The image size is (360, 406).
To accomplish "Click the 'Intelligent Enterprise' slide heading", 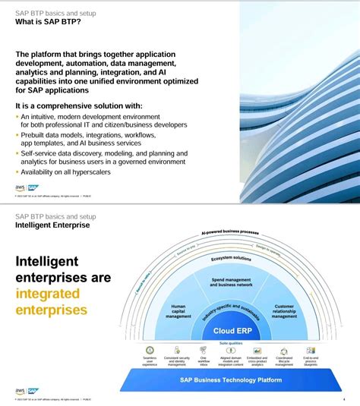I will [52, 225].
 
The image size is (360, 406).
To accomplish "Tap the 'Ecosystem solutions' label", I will [231, 258].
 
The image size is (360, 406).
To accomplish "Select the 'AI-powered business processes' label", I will [230, 233].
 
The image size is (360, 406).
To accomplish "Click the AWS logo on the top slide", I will [20, 188].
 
